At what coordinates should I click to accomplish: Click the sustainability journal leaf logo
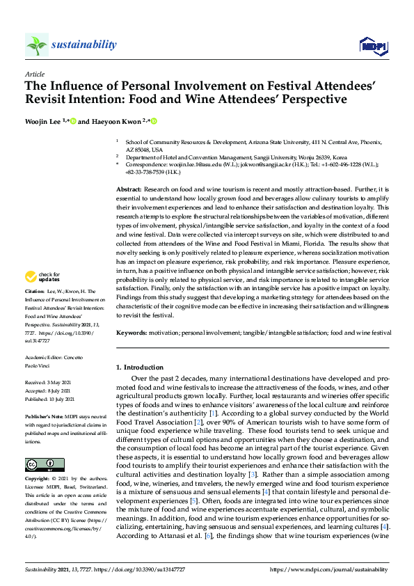coord(36,45)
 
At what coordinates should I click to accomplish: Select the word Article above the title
coord(34,74)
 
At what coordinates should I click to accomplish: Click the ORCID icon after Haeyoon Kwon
coord(154,122)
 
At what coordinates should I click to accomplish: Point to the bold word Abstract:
coord(129,190)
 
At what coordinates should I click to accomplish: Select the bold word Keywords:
coord(132,334)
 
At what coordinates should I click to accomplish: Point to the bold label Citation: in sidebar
coord(35,292)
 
